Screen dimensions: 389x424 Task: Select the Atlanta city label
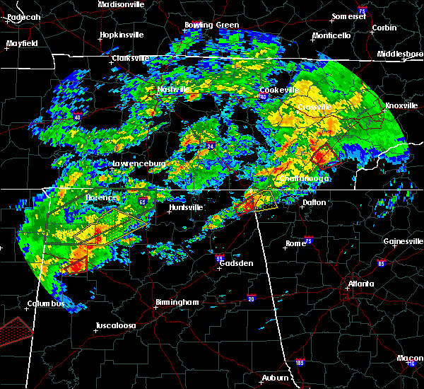(x=361, y=284)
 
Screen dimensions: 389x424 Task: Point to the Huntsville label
(x=187, y=207)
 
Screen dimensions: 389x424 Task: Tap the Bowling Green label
(x=212, y=25)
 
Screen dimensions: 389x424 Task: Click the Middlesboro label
(x=399, y=54)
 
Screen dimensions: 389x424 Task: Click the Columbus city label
(x=45, y=304)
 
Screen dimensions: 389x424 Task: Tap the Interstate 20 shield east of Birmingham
(x=250, y=298)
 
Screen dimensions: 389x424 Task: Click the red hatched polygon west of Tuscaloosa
(x=16, y=327)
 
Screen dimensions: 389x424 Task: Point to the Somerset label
(x=351, y=16)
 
